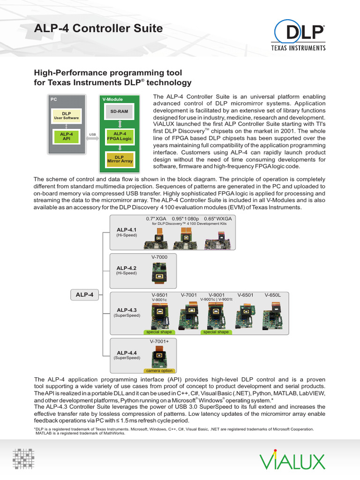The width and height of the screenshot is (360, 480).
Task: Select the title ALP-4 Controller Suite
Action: coord(99,29)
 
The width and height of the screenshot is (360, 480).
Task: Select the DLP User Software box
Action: coord(66,115)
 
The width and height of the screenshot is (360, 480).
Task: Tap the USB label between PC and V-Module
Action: coord(93,134)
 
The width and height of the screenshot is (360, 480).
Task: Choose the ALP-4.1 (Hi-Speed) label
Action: coord(127,232)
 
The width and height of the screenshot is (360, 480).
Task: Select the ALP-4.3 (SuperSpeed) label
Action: coord(127,313)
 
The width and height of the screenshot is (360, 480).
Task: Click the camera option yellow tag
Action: coord(159,371)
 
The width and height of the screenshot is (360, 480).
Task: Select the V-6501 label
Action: coord(245,295)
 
